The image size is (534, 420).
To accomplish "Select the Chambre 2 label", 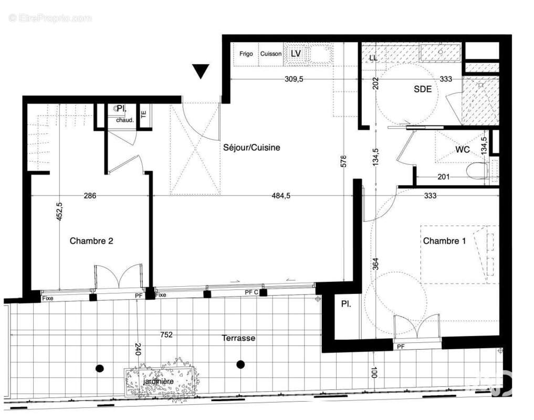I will pos(91,241).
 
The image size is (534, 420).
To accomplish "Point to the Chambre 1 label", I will pos(444,241).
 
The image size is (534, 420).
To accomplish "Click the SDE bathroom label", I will pos(423,89).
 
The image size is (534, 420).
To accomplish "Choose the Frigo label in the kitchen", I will pos(246,54).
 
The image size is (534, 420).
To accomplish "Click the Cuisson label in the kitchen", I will pos(271,54).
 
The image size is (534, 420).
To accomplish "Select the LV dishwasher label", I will pos(296,54).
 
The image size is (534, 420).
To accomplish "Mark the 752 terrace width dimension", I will pos(166,334).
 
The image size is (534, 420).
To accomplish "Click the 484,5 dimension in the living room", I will pos(280,196).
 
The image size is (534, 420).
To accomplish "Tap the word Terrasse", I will pos(238,338).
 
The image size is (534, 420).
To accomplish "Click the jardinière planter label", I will pos(160,381).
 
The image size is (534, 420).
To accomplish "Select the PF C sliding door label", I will pos(252,292).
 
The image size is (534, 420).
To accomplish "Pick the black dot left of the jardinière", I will pos(99,368).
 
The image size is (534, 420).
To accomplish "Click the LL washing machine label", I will pos(373,57).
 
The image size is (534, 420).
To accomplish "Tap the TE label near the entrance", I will pos(144,112).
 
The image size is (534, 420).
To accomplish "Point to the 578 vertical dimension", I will pos(343,161).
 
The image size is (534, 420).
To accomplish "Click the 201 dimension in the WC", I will pos(444,177).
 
